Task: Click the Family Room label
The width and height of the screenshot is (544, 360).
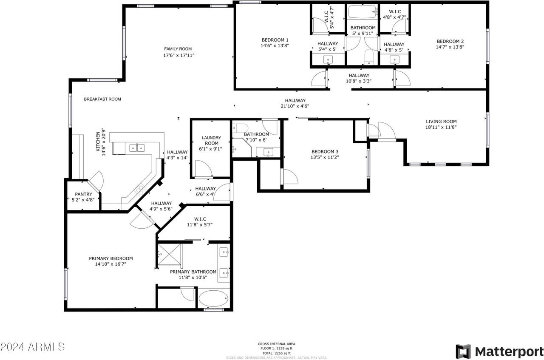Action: [x=178, y=49]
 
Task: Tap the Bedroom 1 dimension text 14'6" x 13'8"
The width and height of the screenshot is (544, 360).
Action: [x=275, y=45]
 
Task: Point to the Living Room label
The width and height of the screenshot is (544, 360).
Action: [x=441, y=121]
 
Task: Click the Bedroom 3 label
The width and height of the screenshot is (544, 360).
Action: [x=325, y=152]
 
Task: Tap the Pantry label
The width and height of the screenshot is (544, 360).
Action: [x=83, y=194]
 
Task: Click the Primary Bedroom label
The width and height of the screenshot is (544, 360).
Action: [x=110, y=258]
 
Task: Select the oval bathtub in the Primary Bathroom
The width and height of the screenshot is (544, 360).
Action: [x=213, y=299]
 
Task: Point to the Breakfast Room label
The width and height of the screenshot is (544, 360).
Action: [x=102, y=99]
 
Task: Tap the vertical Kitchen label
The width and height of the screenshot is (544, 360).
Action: [x=98, y=142]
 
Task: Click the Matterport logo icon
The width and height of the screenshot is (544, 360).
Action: [x=463, y=351]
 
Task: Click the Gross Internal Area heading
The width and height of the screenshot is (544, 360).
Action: [x=276, y=344]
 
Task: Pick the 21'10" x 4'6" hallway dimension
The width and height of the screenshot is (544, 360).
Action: [x=295, y=106]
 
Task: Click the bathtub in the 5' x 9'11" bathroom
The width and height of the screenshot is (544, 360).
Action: [x=362, y=12]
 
